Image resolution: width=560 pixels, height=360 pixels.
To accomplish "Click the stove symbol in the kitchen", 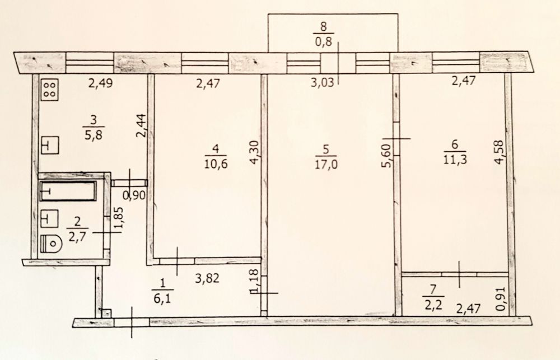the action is (50, 89).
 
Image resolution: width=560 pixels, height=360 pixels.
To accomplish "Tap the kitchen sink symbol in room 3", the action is (50, 145).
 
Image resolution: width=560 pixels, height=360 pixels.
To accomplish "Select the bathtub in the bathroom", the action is (68, 191).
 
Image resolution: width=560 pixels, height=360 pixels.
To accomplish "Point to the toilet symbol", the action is (51, 244).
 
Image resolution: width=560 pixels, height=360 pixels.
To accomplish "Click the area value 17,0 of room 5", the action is (326, 164).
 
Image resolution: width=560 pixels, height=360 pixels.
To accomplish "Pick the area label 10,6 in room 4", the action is (216, 163).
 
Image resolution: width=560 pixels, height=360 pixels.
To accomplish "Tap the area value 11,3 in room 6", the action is (455, 159).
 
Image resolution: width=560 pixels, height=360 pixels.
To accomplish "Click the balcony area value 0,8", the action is (324, 42).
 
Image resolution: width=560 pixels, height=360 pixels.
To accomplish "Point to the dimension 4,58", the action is (499, 151).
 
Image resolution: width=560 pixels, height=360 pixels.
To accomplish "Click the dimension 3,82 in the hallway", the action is (207, 278).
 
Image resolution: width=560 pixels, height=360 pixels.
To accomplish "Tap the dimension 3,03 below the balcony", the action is (323, 82).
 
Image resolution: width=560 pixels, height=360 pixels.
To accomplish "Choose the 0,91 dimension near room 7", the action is (501, 298).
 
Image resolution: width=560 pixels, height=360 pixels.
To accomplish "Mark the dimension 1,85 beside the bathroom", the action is (119, 220).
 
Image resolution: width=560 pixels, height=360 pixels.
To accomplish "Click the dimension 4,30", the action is (254, 152).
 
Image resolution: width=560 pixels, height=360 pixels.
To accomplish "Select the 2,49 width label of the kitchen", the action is (101, 83).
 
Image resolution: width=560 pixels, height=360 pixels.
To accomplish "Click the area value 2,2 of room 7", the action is (433, 304).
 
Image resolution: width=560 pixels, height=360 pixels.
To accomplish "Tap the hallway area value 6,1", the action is (162, 297).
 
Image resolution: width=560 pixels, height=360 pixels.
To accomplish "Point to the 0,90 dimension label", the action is (134, 195).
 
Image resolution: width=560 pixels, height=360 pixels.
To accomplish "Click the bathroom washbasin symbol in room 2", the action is (50, 218).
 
